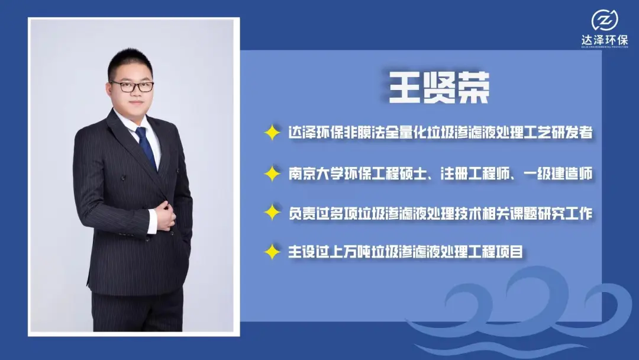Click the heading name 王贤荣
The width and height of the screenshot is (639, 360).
point(439,88)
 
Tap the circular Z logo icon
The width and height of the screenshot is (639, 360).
point(604,20)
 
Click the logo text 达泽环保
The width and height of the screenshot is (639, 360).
point(604,40)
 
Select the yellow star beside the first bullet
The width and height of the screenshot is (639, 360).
point(272,133)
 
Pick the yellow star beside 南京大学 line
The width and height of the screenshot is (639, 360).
point(272,173)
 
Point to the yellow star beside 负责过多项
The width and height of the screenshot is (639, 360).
point(272,213)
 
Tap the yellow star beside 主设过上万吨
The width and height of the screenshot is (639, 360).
point(272,252)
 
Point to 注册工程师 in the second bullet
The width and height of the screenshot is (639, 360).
point(475,173)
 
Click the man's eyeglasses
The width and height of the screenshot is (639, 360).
point(131,86)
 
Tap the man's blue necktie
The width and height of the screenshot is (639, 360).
point(147,147)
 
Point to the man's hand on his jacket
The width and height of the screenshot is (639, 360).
point(165,216)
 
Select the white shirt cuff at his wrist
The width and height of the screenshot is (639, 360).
point(152,221)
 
